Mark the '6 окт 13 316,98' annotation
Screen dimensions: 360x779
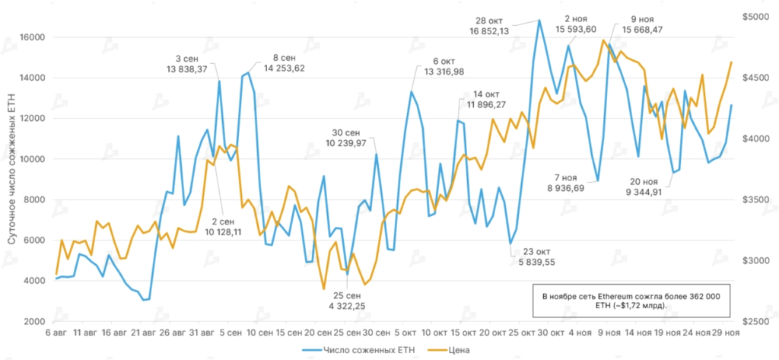[x=444, y=66]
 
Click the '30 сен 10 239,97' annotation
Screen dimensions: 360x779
[x=346, y=137]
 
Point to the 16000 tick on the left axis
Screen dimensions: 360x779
[x=33, y=37]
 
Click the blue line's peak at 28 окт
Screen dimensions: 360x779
[x=539, y=20]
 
